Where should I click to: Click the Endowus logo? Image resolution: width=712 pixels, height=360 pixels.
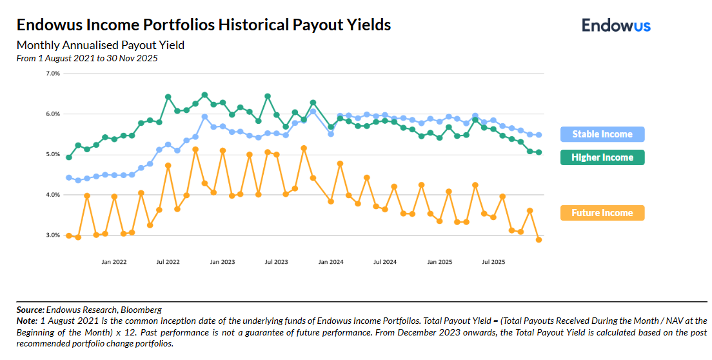[x=616, y=25]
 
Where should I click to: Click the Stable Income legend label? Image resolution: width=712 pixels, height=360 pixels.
[x=602, y=134]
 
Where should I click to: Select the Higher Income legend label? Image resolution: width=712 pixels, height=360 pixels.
[x=602, y=157]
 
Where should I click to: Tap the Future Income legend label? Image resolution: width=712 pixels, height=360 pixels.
[x=602, y=213]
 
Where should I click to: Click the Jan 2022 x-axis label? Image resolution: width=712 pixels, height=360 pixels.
[x=114, y=262]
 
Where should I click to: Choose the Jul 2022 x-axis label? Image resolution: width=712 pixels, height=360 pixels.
[x=168, y=262]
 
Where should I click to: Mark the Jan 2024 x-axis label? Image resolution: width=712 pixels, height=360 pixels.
[x=331, y=262]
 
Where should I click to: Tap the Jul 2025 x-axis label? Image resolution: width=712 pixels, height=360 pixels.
[x=494, y=262]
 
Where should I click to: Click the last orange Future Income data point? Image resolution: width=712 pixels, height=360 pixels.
[x=539, y=239]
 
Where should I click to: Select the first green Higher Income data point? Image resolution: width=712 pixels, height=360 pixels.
[x=69, y=157]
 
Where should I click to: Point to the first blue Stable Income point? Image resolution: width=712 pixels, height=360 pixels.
[x=69, y=177]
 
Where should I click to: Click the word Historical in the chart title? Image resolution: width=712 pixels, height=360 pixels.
[x=253, y=25]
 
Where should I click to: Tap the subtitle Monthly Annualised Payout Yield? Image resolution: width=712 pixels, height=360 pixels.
[x=100, y=45]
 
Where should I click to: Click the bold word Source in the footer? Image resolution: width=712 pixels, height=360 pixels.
[x=30, y=310]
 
